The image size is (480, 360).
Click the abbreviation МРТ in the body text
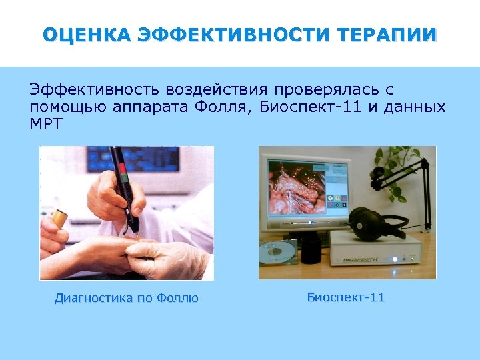tap(45, 124)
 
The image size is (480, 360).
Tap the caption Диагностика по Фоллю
tap(126, 298)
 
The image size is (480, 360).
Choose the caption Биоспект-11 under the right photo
tap(345, 297)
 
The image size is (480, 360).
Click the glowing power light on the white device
tap(395, 259)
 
